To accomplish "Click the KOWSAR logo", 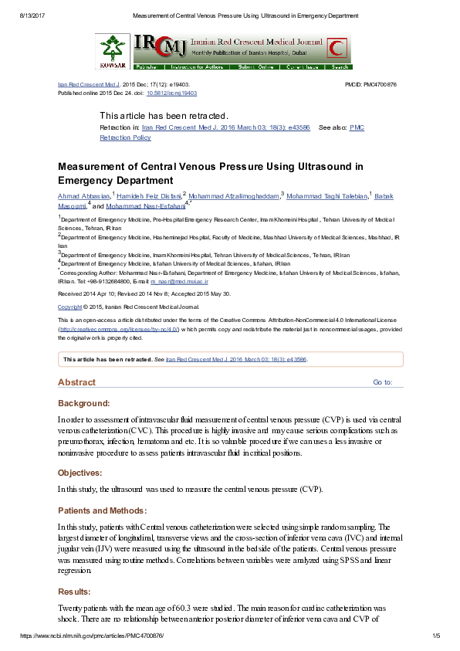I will [113, 52].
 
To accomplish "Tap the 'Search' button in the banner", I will [337, 67].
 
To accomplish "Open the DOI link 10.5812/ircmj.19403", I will [172, 93].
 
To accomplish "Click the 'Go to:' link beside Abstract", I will [383, 382].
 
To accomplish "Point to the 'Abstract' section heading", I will [77, 382].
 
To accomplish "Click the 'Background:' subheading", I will [84, 403].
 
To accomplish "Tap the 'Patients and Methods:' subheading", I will [102, 510].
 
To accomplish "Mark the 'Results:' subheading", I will [74, 592].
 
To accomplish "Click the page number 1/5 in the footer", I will [435, 636].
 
